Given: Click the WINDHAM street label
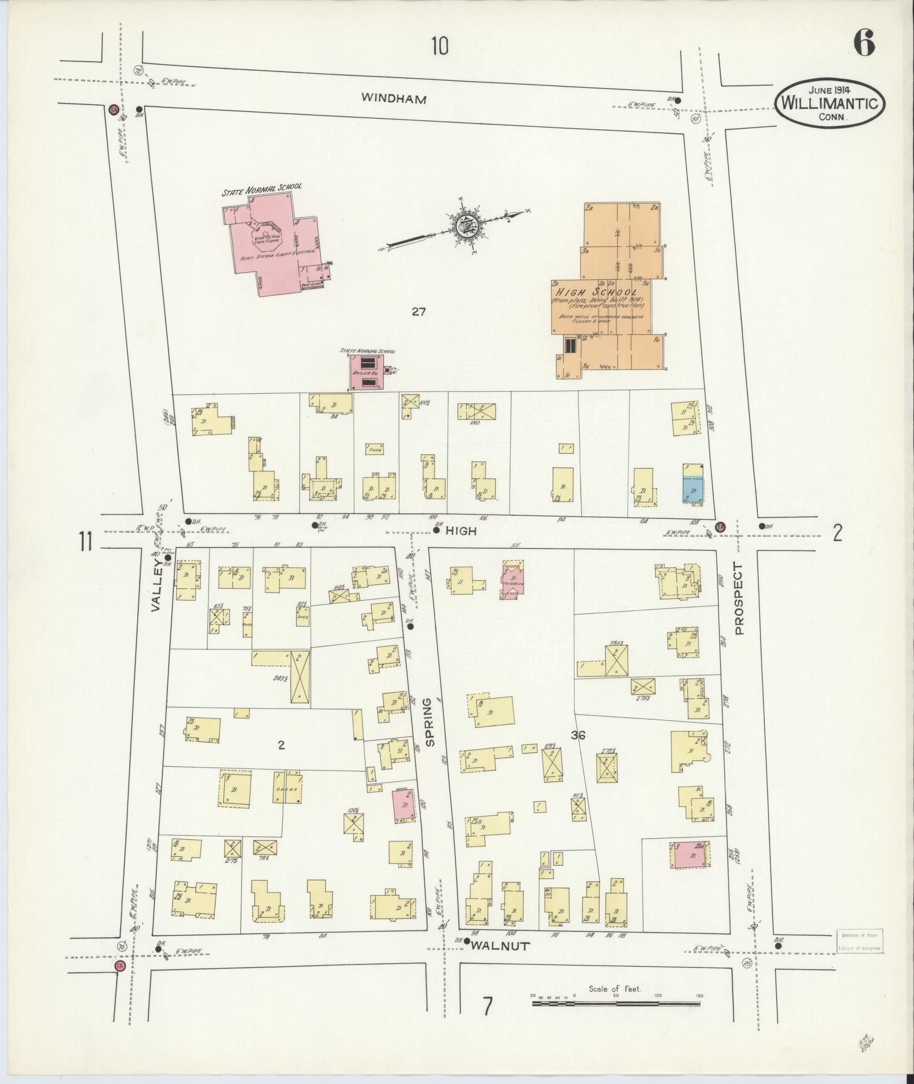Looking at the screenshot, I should coord(394,99).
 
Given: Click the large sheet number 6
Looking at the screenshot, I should coord(864,43).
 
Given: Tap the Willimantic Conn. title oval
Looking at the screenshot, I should coord(830,103).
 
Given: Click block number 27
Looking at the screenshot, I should coord(418,311).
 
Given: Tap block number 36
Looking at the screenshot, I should coord(578,736).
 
